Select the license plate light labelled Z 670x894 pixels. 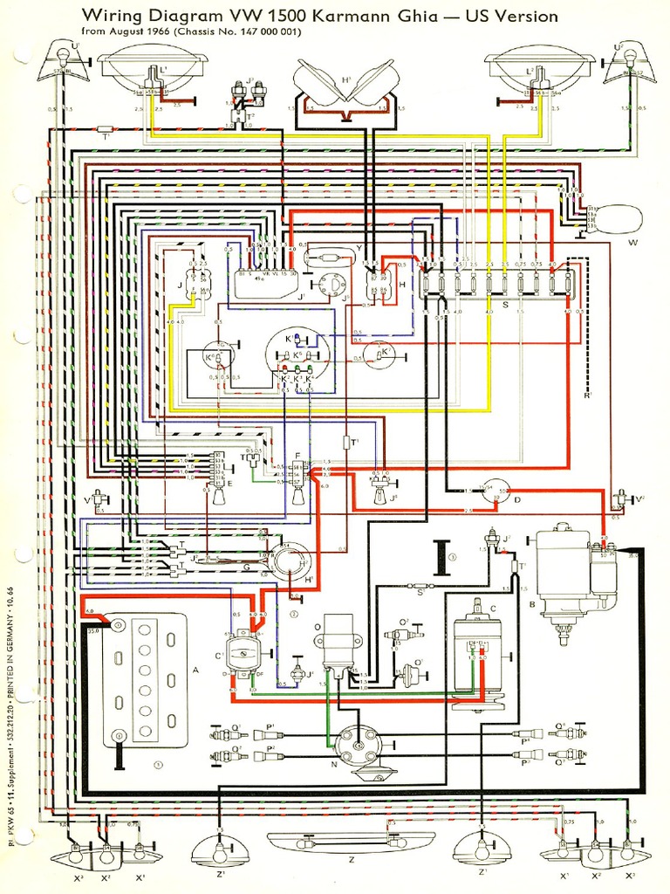(351, 842)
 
